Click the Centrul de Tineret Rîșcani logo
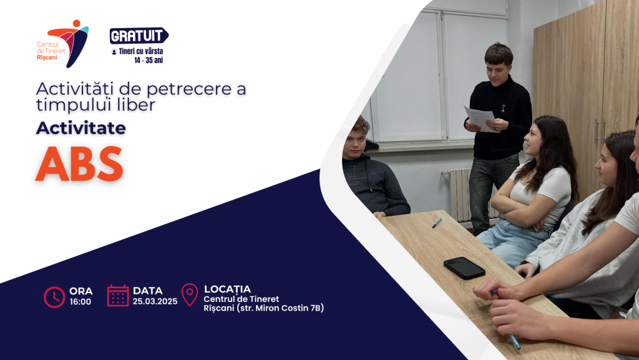62,44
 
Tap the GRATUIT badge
139,36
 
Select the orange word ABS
79,163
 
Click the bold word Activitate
80,128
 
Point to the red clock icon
54,297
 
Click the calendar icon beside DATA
118,296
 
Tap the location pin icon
190,294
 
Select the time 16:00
80,302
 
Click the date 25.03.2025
155,301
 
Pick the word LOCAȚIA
227,289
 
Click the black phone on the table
464,268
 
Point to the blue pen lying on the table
437,223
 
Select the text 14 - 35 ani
149,61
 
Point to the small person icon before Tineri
114,52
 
